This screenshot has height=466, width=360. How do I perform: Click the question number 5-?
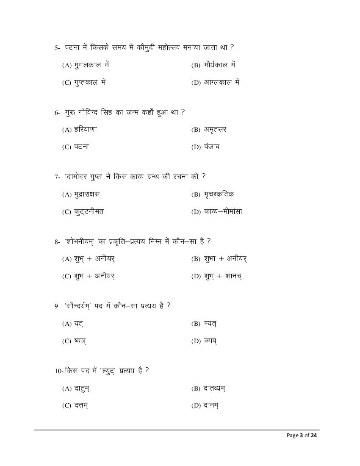58,48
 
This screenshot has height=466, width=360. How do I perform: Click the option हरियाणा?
79,129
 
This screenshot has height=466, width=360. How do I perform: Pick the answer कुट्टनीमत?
83,212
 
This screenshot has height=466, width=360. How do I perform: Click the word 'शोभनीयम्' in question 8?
81,241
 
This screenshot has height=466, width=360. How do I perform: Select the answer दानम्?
205,405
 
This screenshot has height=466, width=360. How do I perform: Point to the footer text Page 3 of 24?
302,435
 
